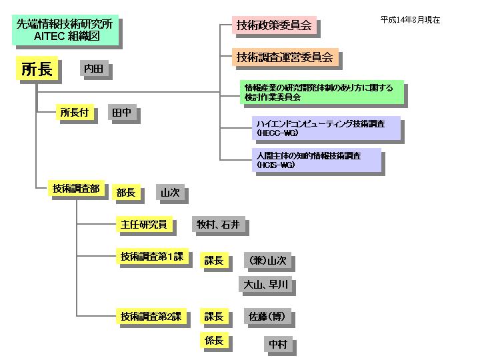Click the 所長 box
coord(37,69)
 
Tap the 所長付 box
coord(74,113)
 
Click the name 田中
coord(121,113)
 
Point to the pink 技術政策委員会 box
coord(273,26)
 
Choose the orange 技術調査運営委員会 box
coord(285,57)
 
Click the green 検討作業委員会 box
coord(321,92)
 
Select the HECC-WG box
coord(326,128)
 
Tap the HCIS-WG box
coord(316,160)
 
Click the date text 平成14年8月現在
coord(410,20)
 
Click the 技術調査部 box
coord(75,189)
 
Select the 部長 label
coord(125,193)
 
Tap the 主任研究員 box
coord(143,225)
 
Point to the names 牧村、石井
coord(218,225)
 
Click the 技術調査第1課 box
coord(152,257)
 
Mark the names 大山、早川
coord(265,285)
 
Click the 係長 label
coord(214,341)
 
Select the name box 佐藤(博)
coord(267,316)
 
